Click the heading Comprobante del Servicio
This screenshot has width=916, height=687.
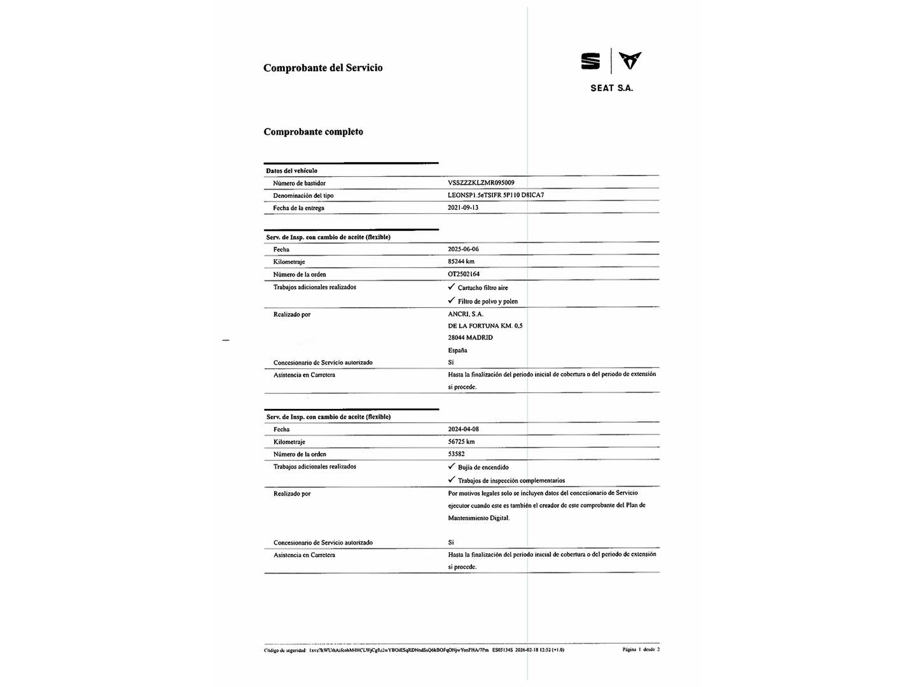(x=323, y=68)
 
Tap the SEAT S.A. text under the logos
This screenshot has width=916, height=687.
(x=611, y=88)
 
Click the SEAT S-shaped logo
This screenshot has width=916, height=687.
(x=590, y=61)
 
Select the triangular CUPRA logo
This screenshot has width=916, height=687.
(x=630, y=60)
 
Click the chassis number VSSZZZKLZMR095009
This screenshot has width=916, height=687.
(x=481, y=183)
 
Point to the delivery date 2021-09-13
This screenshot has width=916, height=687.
(x=463, y=207)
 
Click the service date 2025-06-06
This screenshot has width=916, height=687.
(x=463, y=249)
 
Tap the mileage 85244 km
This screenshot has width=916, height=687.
(x=461, y=261)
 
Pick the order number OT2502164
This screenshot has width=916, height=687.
(x=464, y=274)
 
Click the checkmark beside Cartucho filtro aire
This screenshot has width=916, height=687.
(x=452, y=287)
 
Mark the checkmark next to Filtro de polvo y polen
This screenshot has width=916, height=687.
(x=452, y=300)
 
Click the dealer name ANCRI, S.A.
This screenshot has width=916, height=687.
(x=466, y=314)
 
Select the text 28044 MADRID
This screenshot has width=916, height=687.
(x=470, y=338)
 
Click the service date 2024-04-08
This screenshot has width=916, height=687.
(x=463, y=429)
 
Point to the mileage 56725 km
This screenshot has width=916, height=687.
(x=461, y=441)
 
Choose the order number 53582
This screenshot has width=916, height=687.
(x=456, y=454)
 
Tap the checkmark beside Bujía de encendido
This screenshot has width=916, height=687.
(x=452, y=466)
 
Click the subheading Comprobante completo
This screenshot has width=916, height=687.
(x=314, y=132)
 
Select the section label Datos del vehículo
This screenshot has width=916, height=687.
(x=291, y=170)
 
